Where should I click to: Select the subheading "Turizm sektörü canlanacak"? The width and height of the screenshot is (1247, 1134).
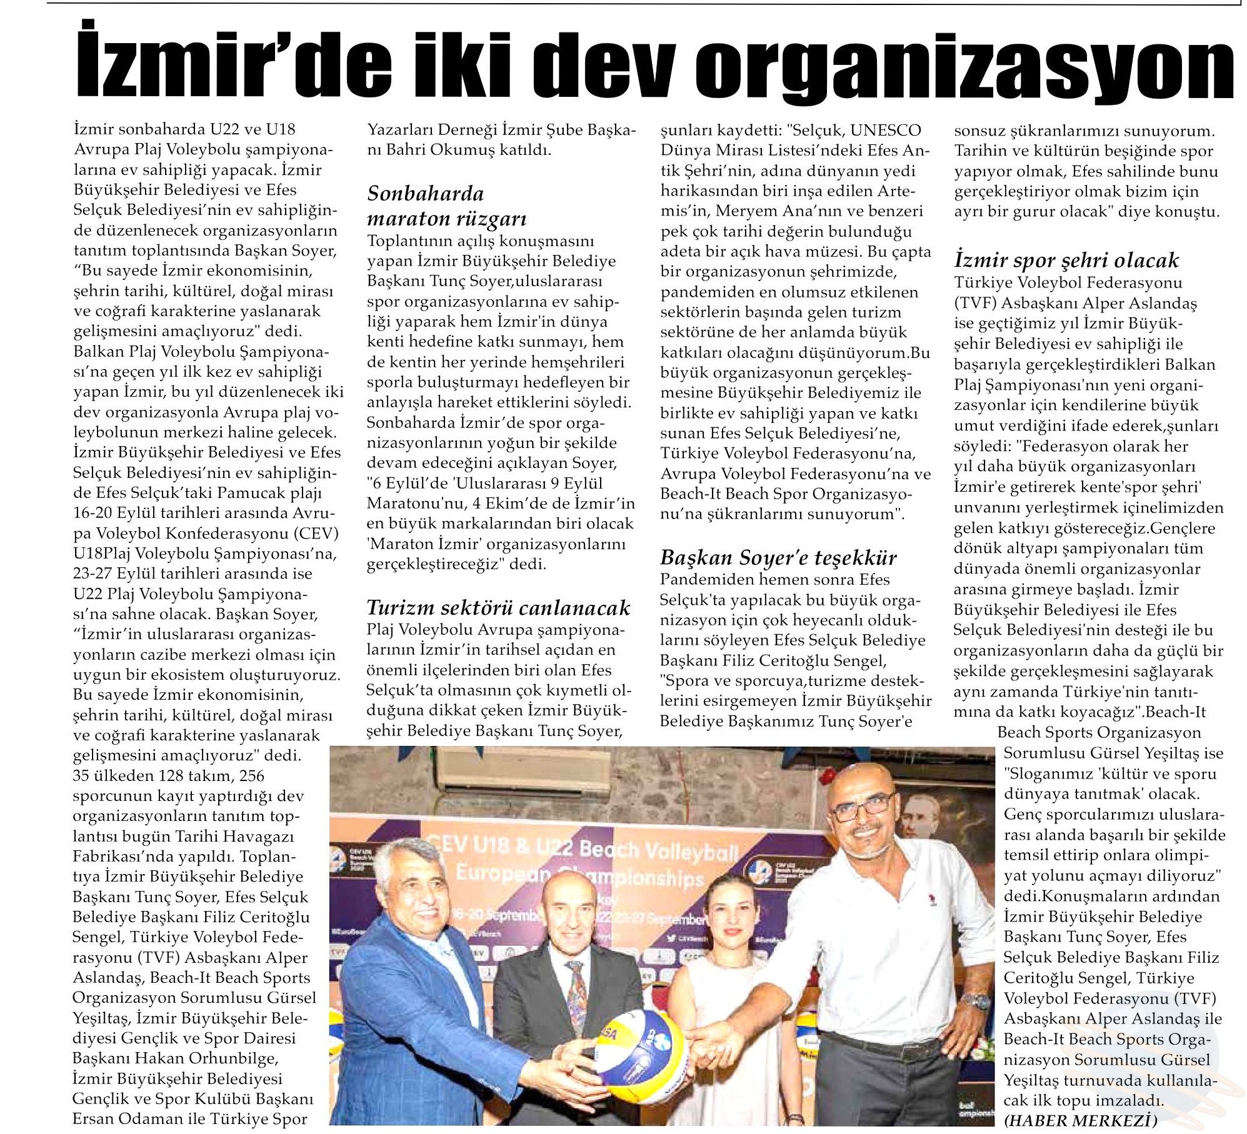click(498, 607)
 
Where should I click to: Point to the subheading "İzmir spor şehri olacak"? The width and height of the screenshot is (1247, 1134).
click(1066, 260)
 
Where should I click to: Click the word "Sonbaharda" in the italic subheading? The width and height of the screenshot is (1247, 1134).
click(425, 194)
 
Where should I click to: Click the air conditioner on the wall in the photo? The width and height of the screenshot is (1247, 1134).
click(525, 772)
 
